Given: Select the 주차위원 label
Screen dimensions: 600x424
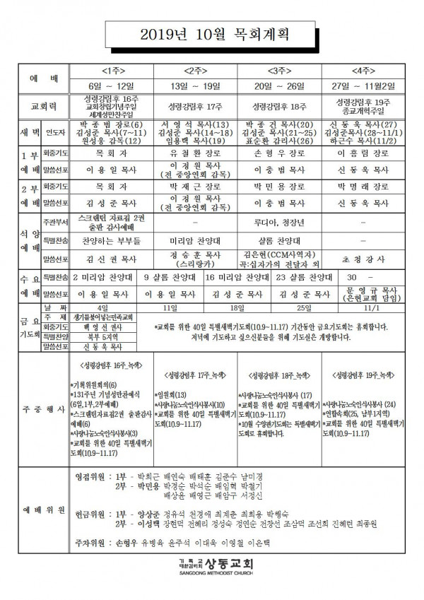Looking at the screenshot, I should tap(90, 544).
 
